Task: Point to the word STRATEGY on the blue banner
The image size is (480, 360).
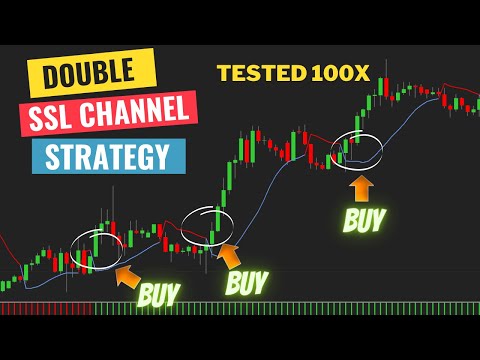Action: [x=108, y=157]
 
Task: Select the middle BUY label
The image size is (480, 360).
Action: [x=246, y=283]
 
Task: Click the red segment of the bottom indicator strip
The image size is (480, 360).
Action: [x=45, y=309]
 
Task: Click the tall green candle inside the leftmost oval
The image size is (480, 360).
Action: [x=95, y=245]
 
